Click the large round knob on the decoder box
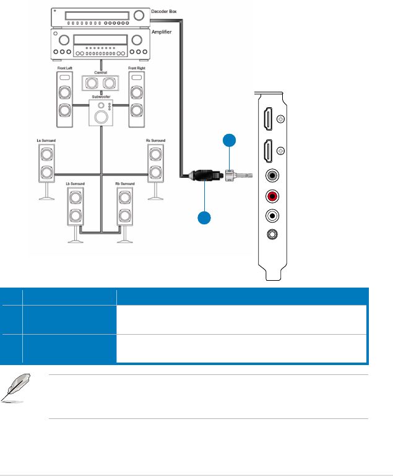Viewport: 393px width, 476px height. tap(139, 14)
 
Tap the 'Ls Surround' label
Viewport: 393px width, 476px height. tap(46, 141)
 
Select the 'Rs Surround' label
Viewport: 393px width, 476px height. tap(155, 141)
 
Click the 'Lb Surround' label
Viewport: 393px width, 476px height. tap(75, 184)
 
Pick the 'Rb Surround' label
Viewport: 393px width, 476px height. tap(124, 184)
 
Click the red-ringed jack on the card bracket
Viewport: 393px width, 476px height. tap(270, 196)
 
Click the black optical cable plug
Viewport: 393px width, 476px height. tap(204, 175)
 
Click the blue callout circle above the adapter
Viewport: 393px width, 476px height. tap(229, 141)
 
